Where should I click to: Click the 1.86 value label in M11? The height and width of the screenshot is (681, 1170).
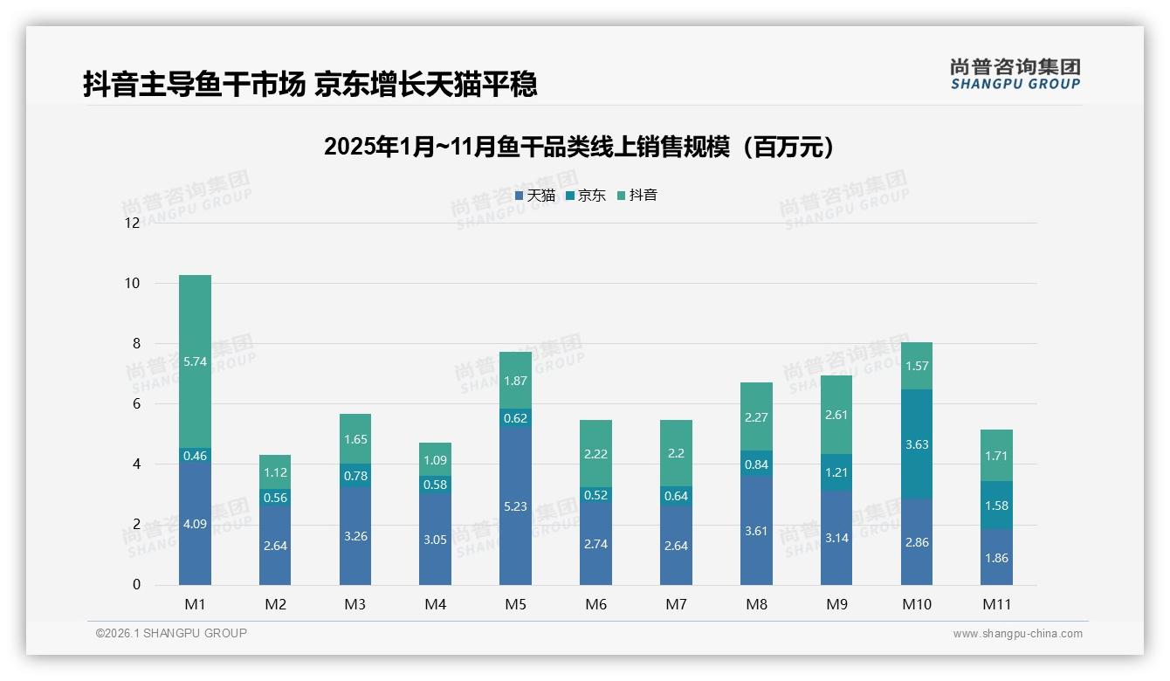(996, 558)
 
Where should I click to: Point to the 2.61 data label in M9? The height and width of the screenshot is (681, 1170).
(836, 415)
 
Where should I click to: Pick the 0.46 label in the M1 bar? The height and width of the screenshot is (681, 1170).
(195, 456)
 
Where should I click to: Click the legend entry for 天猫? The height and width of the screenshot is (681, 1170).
(535, 196)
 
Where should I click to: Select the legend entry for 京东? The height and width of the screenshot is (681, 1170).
(586, 196)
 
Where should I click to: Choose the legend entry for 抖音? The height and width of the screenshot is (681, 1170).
(637, 196)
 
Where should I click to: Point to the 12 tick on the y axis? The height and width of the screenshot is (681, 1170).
(132, 223)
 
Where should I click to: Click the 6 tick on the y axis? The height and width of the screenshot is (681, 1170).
(135, 403)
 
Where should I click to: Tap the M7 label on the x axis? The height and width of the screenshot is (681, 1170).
(676, 604)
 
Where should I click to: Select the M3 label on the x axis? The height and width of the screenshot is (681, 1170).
(354, 604)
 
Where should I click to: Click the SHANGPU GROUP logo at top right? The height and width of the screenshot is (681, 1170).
(1015, 73)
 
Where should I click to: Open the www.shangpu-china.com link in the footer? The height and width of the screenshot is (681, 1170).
(1017, 634)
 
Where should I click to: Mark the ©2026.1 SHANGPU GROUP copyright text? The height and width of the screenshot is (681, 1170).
(171, 633)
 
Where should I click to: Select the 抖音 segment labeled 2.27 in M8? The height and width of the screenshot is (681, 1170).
(756, 416)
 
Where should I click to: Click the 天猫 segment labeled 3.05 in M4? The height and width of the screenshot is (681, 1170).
(435, 540)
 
